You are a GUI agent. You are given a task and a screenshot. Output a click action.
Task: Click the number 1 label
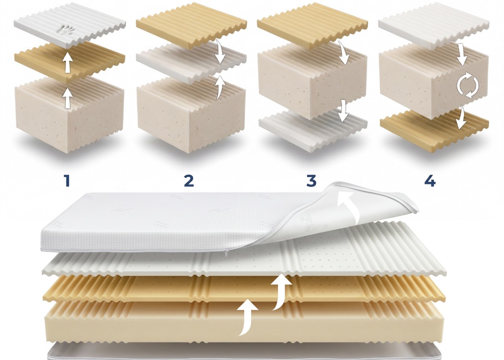click(67, 180)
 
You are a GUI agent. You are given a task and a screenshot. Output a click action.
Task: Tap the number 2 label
click(189, 180)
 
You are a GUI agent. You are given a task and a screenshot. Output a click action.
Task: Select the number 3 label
click(311, 180)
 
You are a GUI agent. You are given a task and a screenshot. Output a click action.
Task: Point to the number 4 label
click(430, 180)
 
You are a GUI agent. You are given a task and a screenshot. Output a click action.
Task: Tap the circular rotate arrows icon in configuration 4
click(468, 85)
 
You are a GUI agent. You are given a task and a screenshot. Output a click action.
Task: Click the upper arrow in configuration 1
click(67, 62)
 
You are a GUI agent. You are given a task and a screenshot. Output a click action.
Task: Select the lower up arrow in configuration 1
click(67, 98)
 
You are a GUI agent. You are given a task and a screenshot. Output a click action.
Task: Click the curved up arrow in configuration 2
click(220, 87)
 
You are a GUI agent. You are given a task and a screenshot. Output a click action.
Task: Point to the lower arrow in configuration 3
click(343, 111)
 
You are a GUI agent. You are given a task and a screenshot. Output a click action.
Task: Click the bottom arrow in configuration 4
click(462, 117)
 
